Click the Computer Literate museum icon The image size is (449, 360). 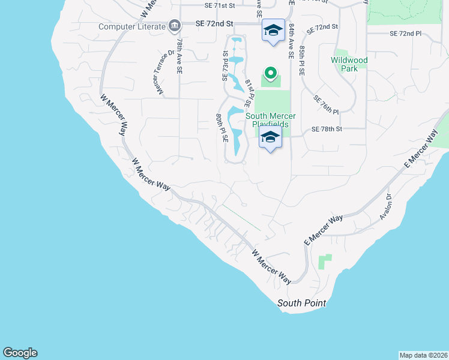point(175,26)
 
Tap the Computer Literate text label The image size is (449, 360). point(131,26)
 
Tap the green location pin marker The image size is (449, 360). point(270,74)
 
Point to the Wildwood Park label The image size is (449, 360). point(349,64)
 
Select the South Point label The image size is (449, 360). point(301,303)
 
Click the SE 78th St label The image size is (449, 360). point(326,129)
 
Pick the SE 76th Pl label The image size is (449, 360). point(327,104)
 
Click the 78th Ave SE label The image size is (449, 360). point(179,56)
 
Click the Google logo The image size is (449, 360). point(20,353)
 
